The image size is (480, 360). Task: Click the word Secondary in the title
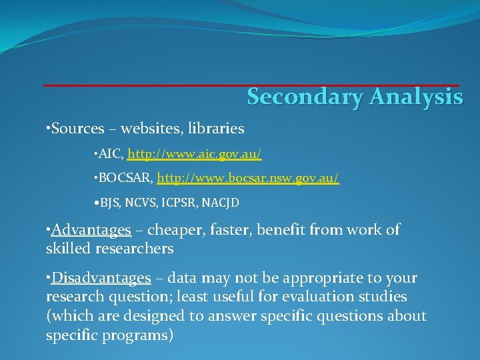304,97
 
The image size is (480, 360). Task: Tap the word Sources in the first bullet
78,128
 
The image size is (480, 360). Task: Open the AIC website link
194,154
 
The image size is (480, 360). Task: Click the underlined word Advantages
91,230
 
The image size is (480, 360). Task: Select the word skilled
70,249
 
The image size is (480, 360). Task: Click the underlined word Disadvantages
101,277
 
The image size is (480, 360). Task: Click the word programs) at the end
141,335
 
